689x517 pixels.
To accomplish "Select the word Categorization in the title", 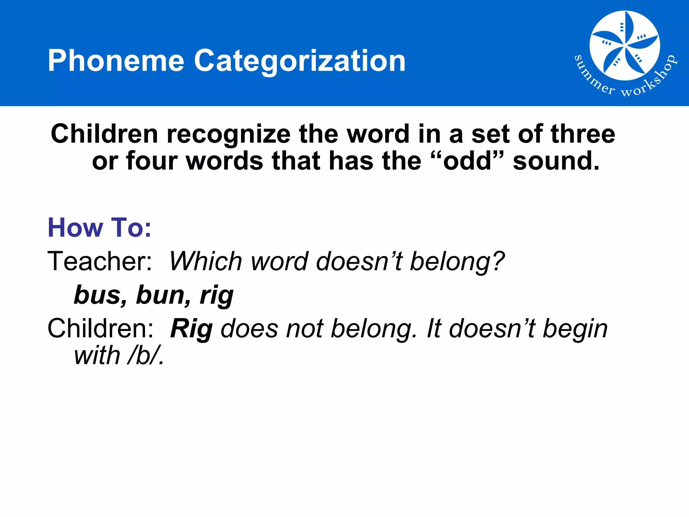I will point(300,61).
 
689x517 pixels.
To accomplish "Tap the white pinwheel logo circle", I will point(624,45).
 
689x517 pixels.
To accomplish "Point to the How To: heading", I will point(100,228).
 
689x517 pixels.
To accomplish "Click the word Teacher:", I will point(100,261).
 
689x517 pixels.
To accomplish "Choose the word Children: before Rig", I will point(100,329).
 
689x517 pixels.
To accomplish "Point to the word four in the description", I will point(152,161).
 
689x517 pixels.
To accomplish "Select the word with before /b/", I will point(97,356).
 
